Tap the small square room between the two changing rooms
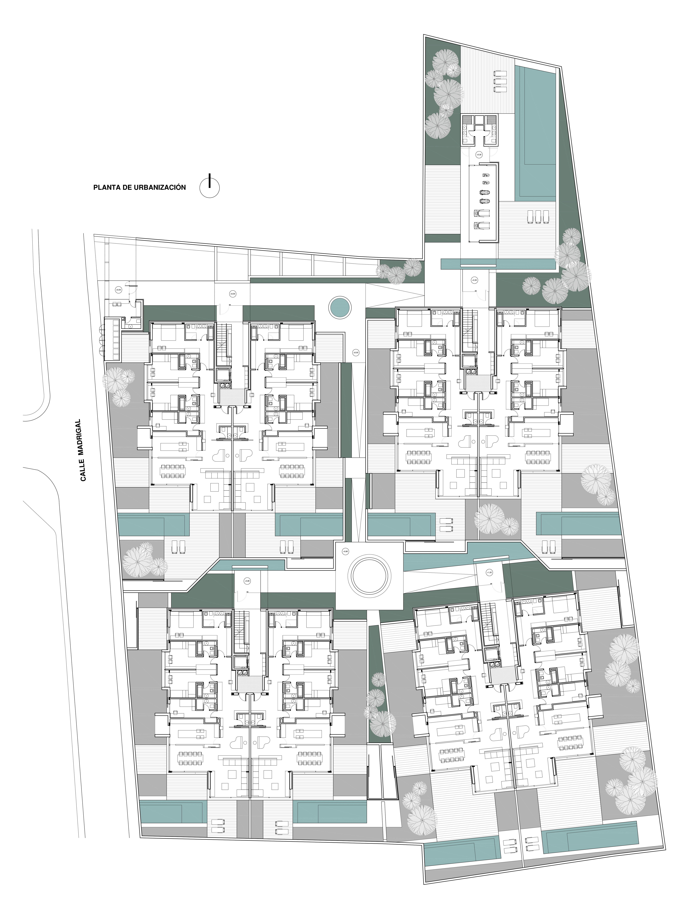pyautogui.click(x=480, y=120)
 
